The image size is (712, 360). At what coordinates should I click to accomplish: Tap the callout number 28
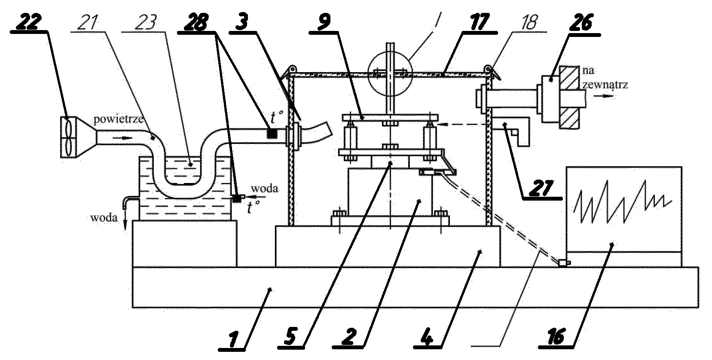pyautogui.click(x=197, y=23)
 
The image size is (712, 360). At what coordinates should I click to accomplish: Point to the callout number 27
pyautogui.click(x=542, y=188)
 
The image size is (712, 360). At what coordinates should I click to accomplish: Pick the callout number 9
pyautogui.click(x=323, y=23)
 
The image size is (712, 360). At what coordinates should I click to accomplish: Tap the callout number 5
pyautogui.click(x=290, y=337)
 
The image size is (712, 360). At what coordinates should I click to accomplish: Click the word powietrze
pyautogui.click(x=118, y=119)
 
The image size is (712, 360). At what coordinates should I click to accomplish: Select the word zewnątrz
pyautogui.click(x=605, y=85)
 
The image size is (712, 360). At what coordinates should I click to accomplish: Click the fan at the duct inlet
pyautogui.click(x=68, y=137)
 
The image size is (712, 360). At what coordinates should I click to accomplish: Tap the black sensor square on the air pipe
pyautogui.click(x=272, y=133)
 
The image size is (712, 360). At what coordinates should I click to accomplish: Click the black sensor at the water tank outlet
pyautogui.click(x=236, y=198)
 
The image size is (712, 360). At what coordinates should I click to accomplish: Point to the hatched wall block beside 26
pyautogui.click(x=568, y=97)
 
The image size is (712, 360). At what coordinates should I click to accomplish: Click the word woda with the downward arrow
pyautogui.click(x=104, y=218)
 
